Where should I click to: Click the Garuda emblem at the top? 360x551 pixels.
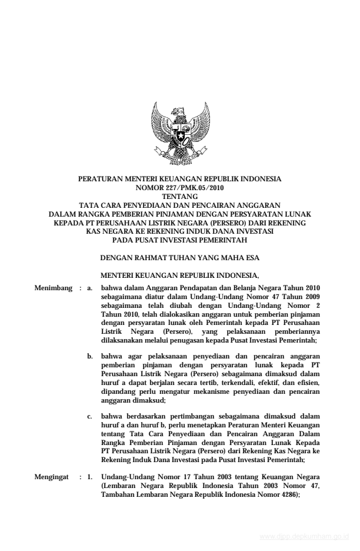point(180,134)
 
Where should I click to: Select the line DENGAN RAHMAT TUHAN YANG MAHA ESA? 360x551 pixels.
point(180,258)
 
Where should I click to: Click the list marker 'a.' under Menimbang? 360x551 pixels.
point(90,288)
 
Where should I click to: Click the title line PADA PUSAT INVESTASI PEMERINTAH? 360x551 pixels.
point(179,240)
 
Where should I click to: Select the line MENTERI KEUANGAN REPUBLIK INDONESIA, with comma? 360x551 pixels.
point(180,275)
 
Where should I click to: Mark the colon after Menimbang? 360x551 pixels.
point(79,288)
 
